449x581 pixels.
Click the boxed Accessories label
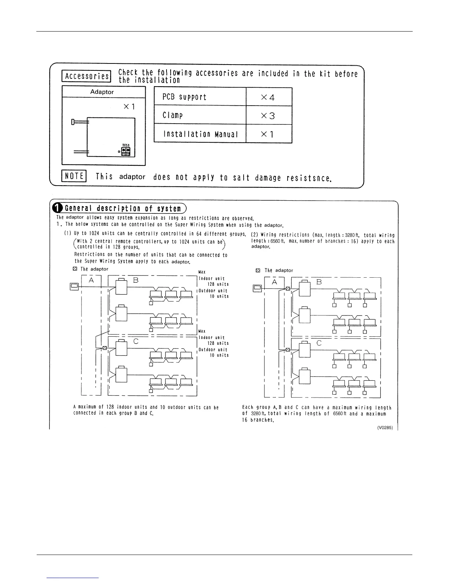[x=87, y=76]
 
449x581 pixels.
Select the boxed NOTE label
[x=74, y=176]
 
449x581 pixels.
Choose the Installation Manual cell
[x=200, y=134]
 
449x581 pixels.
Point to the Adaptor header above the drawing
[x=102, y=92]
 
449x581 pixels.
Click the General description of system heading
[x=123, y=209]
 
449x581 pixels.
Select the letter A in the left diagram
[x=91, y=280]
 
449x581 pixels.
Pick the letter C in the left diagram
[x=136, y=341]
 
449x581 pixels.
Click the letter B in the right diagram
[x=319, y=282]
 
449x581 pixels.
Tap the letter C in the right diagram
[x=319, y=343]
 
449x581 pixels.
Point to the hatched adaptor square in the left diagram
[x=105, y=348]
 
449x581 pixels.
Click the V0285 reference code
[x=385, y=427]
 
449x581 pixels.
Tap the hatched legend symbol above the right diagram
[x=258, y=270]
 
